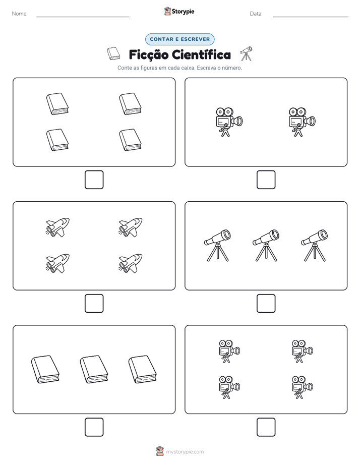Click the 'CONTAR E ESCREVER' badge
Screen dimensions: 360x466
pyautogui.click(x=179, y=39)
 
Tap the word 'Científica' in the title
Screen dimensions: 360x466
pyautogui.click(x=201, y=54)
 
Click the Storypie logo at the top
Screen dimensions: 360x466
pyautogui.click(x=179, y=11)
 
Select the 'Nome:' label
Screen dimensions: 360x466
pyautogui.click(x=20, y=14)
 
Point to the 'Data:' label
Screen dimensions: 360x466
pyautogui.click(x=256, y=14)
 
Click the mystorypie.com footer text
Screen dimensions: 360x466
pyautogui.click(x=185, y=452)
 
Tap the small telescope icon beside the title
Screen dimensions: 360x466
pyautogui.click(x=246, y=53)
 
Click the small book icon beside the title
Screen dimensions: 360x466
pyautogui.click(x=113, y=53)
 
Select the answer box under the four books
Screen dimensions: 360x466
pyautogui.click(x=94, y=180)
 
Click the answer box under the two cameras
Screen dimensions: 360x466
pyautogui.click(x=266, y=180)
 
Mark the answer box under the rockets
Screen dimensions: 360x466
pyautogui.click(x=94, y=304)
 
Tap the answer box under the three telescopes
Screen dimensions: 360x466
pyautogui.click(x=266, y=304)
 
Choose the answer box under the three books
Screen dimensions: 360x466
pyautogui.click(x=94, y=427)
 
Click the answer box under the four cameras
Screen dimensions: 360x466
pyautogui.click(x=266, y=427)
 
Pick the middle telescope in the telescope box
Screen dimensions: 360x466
pyautogui.click(x=266, y=246)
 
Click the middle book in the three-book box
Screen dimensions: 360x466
pyautogui.click(x=94, y=369)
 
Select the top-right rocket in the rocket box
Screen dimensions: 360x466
pyautogui.click(x=131, y=227)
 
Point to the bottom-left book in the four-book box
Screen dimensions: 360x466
pyautogui.click(x=57, y=140)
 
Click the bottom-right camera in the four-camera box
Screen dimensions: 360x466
pyautogui.click(x=302, y=387)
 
